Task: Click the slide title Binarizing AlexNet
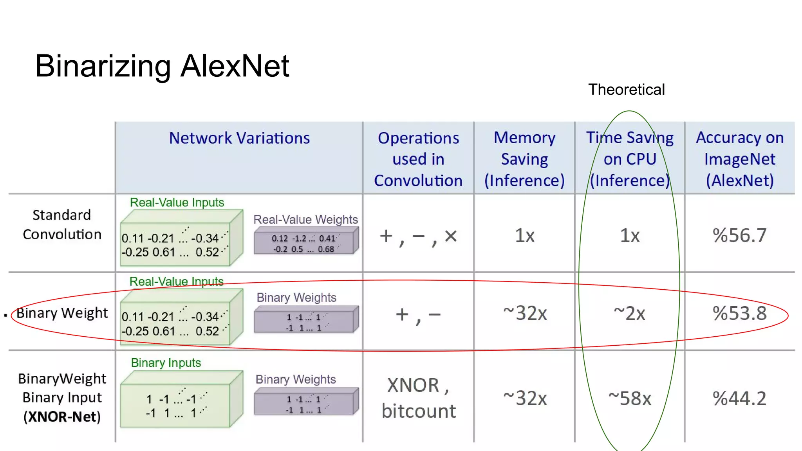pos(162,66)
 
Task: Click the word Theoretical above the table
pos(626,90)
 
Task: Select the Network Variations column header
pos(239,138)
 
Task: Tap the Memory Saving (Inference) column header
pos(524,159)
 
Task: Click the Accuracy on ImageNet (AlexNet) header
pos(739,159)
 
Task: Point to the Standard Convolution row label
pos(62,225)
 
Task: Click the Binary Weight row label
pos(62,313)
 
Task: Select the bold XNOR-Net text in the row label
pos(62,417)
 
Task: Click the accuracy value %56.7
pos(739,235)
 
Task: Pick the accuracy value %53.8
pos(739,313)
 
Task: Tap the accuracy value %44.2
pos(739,399)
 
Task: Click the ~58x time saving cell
pos(630,399)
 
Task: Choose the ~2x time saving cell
pos(630,313)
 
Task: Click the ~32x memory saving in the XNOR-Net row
pos(525,399)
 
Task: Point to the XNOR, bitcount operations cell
pos(418,398)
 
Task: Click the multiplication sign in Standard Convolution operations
pos(451,236)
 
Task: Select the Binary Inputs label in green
pos(166,363)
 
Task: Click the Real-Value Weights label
pos(305,220)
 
